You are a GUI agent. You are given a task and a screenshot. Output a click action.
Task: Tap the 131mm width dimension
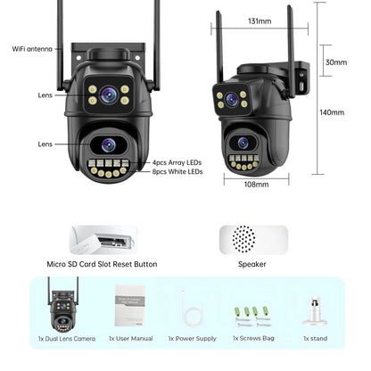(260, 21)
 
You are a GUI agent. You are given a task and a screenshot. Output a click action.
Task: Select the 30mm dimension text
(335, 62)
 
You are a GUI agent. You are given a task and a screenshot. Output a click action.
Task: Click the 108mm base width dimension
(257, 184)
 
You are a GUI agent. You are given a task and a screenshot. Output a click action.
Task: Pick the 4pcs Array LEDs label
(177, 162)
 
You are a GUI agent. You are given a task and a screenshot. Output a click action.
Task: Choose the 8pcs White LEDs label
(177, 172)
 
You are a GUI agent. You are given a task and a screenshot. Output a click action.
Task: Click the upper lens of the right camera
(233, 98)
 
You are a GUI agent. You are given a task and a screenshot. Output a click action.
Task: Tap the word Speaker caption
(254, 264)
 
